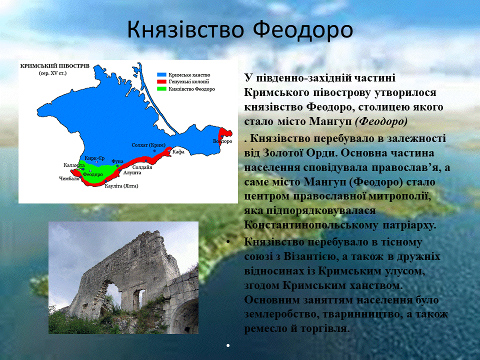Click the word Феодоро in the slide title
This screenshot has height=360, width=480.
point(303,30)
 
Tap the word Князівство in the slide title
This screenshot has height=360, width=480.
point(185,30)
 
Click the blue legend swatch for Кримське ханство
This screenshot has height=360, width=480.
point(161,74)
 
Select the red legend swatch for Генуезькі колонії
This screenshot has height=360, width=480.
point(161,81)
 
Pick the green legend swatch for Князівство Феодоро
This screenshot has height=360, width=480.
point(161,89)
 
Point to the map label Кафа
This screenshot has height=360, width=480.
point(178,151)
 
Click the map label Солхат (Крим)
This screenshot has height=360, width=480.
point(148,145)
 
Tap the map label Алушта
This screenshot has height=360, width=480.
point(132,172)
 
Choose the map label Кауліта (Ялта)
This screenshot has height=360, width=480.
point(121,186)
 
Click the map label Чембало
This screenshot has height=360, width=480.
point(69,178)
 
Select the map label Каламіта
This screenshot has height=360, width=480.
point(74,165)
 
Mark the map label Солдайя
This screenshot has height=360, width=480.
point(142,167)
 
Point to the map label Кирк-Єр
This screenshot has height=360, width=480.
point(94,158)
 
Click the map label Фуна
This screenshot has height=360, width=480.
point(117,161)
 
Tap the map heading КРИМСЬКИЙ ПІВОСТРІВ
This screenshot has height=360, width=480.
point(55,66)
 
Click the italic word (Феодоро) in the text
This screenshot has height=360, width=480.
point(381,121)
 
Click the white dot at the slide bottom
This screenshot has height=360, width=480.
point(228,345)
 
